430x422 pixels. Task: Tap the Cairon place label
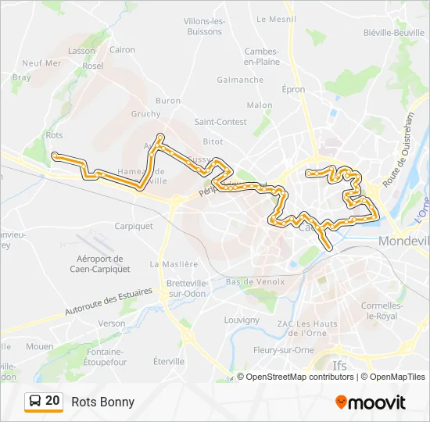[x=123, y=49]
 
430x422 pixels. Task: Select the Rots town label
[x=54, y=135]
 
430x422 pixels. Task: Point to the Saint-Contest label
[x=220, y=122]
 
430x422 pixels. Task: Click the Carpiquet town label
[x=134, y=226]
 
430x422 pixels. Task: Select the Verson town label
[x=112, y=323]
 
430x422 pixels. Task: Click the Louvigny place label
[x=242, y=320]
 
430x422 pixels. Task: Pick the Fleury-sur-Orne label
[x=283, y=350]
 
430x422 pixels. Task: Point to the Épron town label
[x=293, y=90]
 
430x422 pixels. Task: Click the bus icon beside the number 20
[x=35, y=402]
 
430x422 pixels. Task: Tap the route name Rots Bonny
[x=102, y=402]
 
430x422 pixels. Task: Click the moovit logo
[x=371, y=402]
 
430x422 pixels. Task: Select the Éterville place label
[x=169, y=361]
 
